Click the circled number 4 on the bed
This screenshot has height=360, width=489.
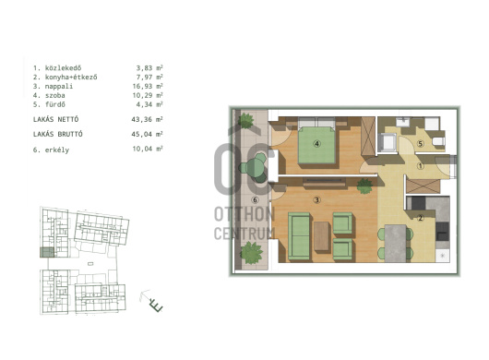tap(316, 144)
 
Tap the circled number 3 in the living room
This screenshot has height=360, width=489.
tap(316, 199)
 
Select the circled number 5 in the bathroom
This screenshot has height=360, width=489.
tap(421, 144)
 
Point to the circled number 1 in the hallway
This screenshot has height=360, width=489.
tap(421, 166)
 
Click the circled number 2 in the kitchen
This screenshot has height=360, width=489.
tap(421, 218)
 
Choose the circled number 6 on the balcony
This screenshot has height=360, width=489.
tap(255, 199)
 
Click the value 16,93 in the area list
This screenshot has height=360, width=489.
tap(142, 86)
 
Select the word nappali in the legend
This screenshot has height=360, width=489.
tap(59, 87)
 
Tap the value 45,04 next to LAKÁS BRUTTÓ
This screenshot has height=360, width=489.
tap(142, 134)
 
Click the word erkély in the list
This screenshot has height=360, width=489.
tap(57, 150)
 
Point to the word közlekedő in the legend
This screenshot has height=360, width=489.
tap(64, 67)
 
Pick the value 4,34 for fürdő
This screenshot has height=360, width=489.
tap(144, 104)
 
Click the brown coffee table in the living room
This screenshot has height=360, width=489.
tap(321, 235)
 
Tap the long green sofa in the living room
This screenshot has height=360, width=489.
tap(299, 235)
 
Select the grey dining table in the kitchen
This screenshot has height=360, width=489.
tap(396, 244)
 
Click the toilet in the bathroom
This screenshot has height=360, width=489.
tap(438, 141)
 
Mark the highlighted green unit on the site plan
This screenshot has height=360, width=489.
tap(47, 252)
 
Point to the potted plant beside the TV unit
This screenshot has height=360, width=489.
tap(364, 186)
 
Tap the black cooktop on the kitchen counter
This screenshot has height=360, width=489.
tap(443, 232)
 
